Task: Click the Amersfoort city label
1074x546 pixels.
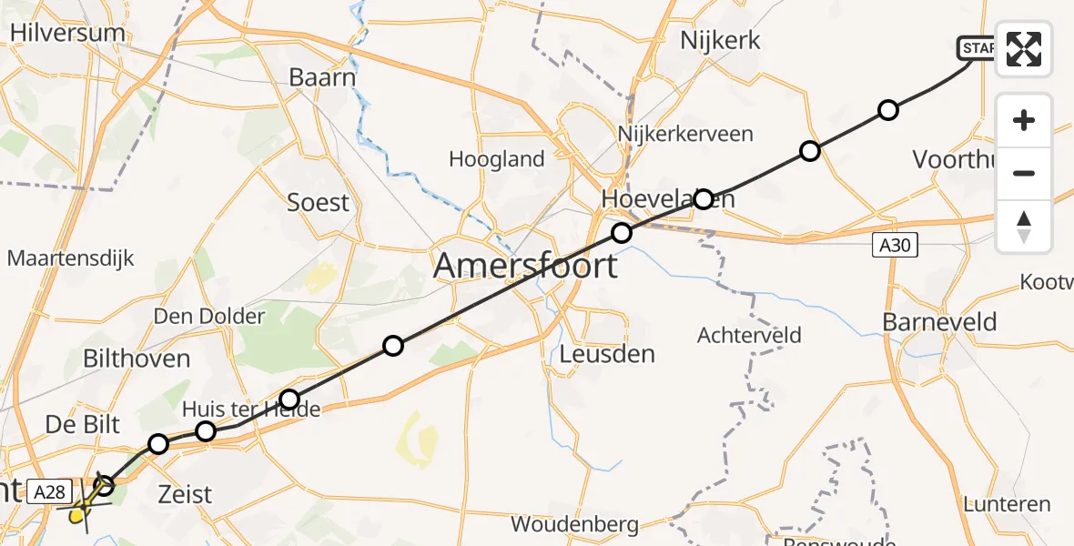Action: pyautogui.click(x=525, y=266)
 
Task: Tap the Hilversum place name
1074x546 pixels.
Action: pyautogui.click(x=66, y=33)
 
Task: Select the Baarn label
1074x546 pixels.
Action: pyautogui.click(x=322, y=77)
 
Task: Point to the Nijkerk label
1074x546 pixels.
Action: pyautogui.click(x=720, y=40)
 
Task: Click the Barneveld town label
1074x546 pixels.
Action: pyautogui.click(x=939, y=322)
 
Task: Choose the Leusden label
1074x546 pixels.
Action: pyautogui.click(x=608, y=353)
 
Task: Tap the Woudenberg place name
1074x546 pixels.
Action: pyautogui.click(x=574, y=524)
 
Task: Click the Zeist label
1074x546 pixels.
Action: pyautogui.click(x=185, y=494)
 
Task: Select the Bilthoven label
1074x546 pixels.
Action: pyautogui.click(x=137, y=358)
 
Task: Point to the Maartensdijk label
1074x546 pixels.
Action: pyautogui.click(x=70, y=258)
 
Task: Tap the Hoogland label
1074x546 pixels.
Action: pyautogui.click(x=497, y=159)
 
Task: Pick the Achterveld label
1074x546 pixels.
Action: pyautogui.click(x=749, y=336)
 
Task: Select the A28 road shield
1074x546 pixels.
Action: pyautogui.click(x=49, y=492)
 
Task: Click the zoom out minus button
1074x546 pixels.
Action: pyautogui.click(x=1024, y=173)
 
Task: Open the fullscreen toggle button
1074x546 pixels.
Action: pyautogui.click(x=1024, y=49)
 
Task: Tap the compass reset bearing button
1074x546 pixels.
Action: pyautogui.click(x=1024, y=227)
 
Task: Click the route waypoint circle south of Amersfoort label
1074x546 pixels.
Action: pyautogui.click(x=392, y=346)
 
